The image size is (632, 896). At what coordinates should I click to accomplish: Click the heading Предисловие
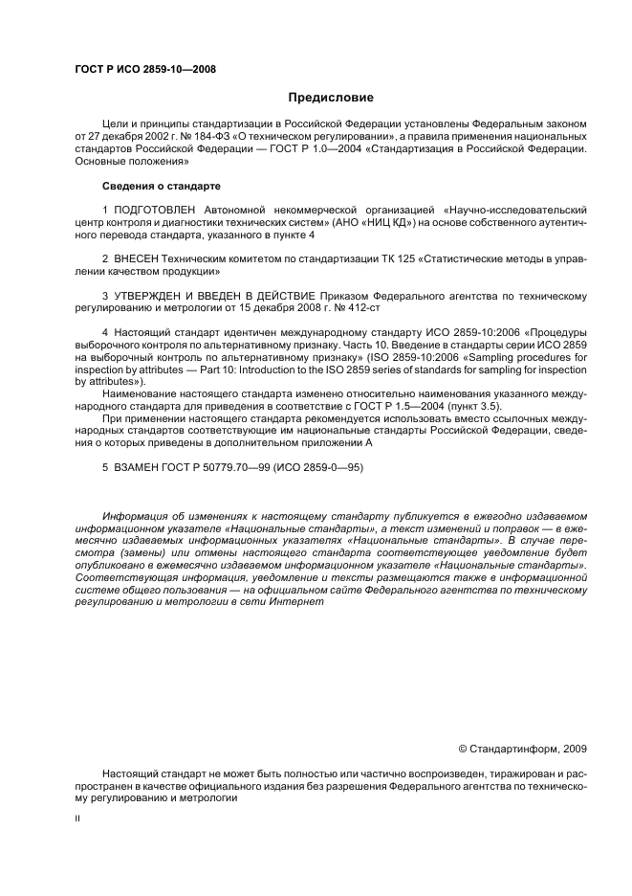pos(331,98)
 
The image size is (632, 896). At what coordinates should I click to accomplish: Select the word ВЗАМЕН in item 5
pos(136,467)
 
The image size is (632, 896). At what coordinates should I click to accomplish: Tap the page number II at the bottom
pos(77,819)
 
